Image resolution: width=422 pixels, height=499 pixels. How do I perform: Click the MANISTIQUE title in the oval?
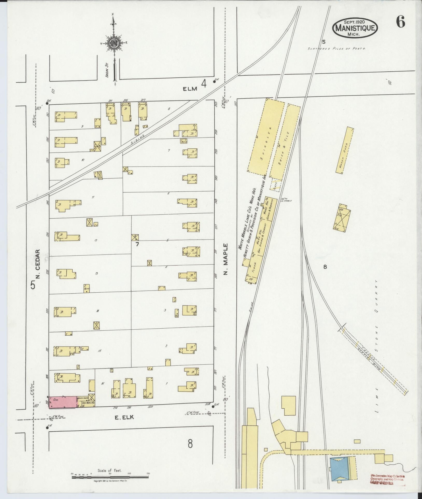click(355, 27)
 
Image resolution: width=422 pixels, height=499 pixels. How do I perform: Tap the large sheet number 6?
click(400, 23)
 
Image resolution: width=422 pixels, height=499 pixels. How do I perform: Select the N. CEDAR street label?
click(38, 264)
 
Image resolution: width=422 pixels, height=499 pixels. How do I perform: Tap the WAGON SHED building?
click(345, 150)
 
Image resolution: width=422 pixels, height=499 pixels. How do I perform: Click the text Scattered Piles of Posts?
click(336, 49)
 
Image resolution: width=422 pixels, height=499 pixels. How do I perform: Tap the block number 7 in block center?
click(137, 244)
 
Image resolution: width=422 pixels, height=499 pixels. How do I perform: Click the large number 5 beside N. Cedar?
click(33, 285)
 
